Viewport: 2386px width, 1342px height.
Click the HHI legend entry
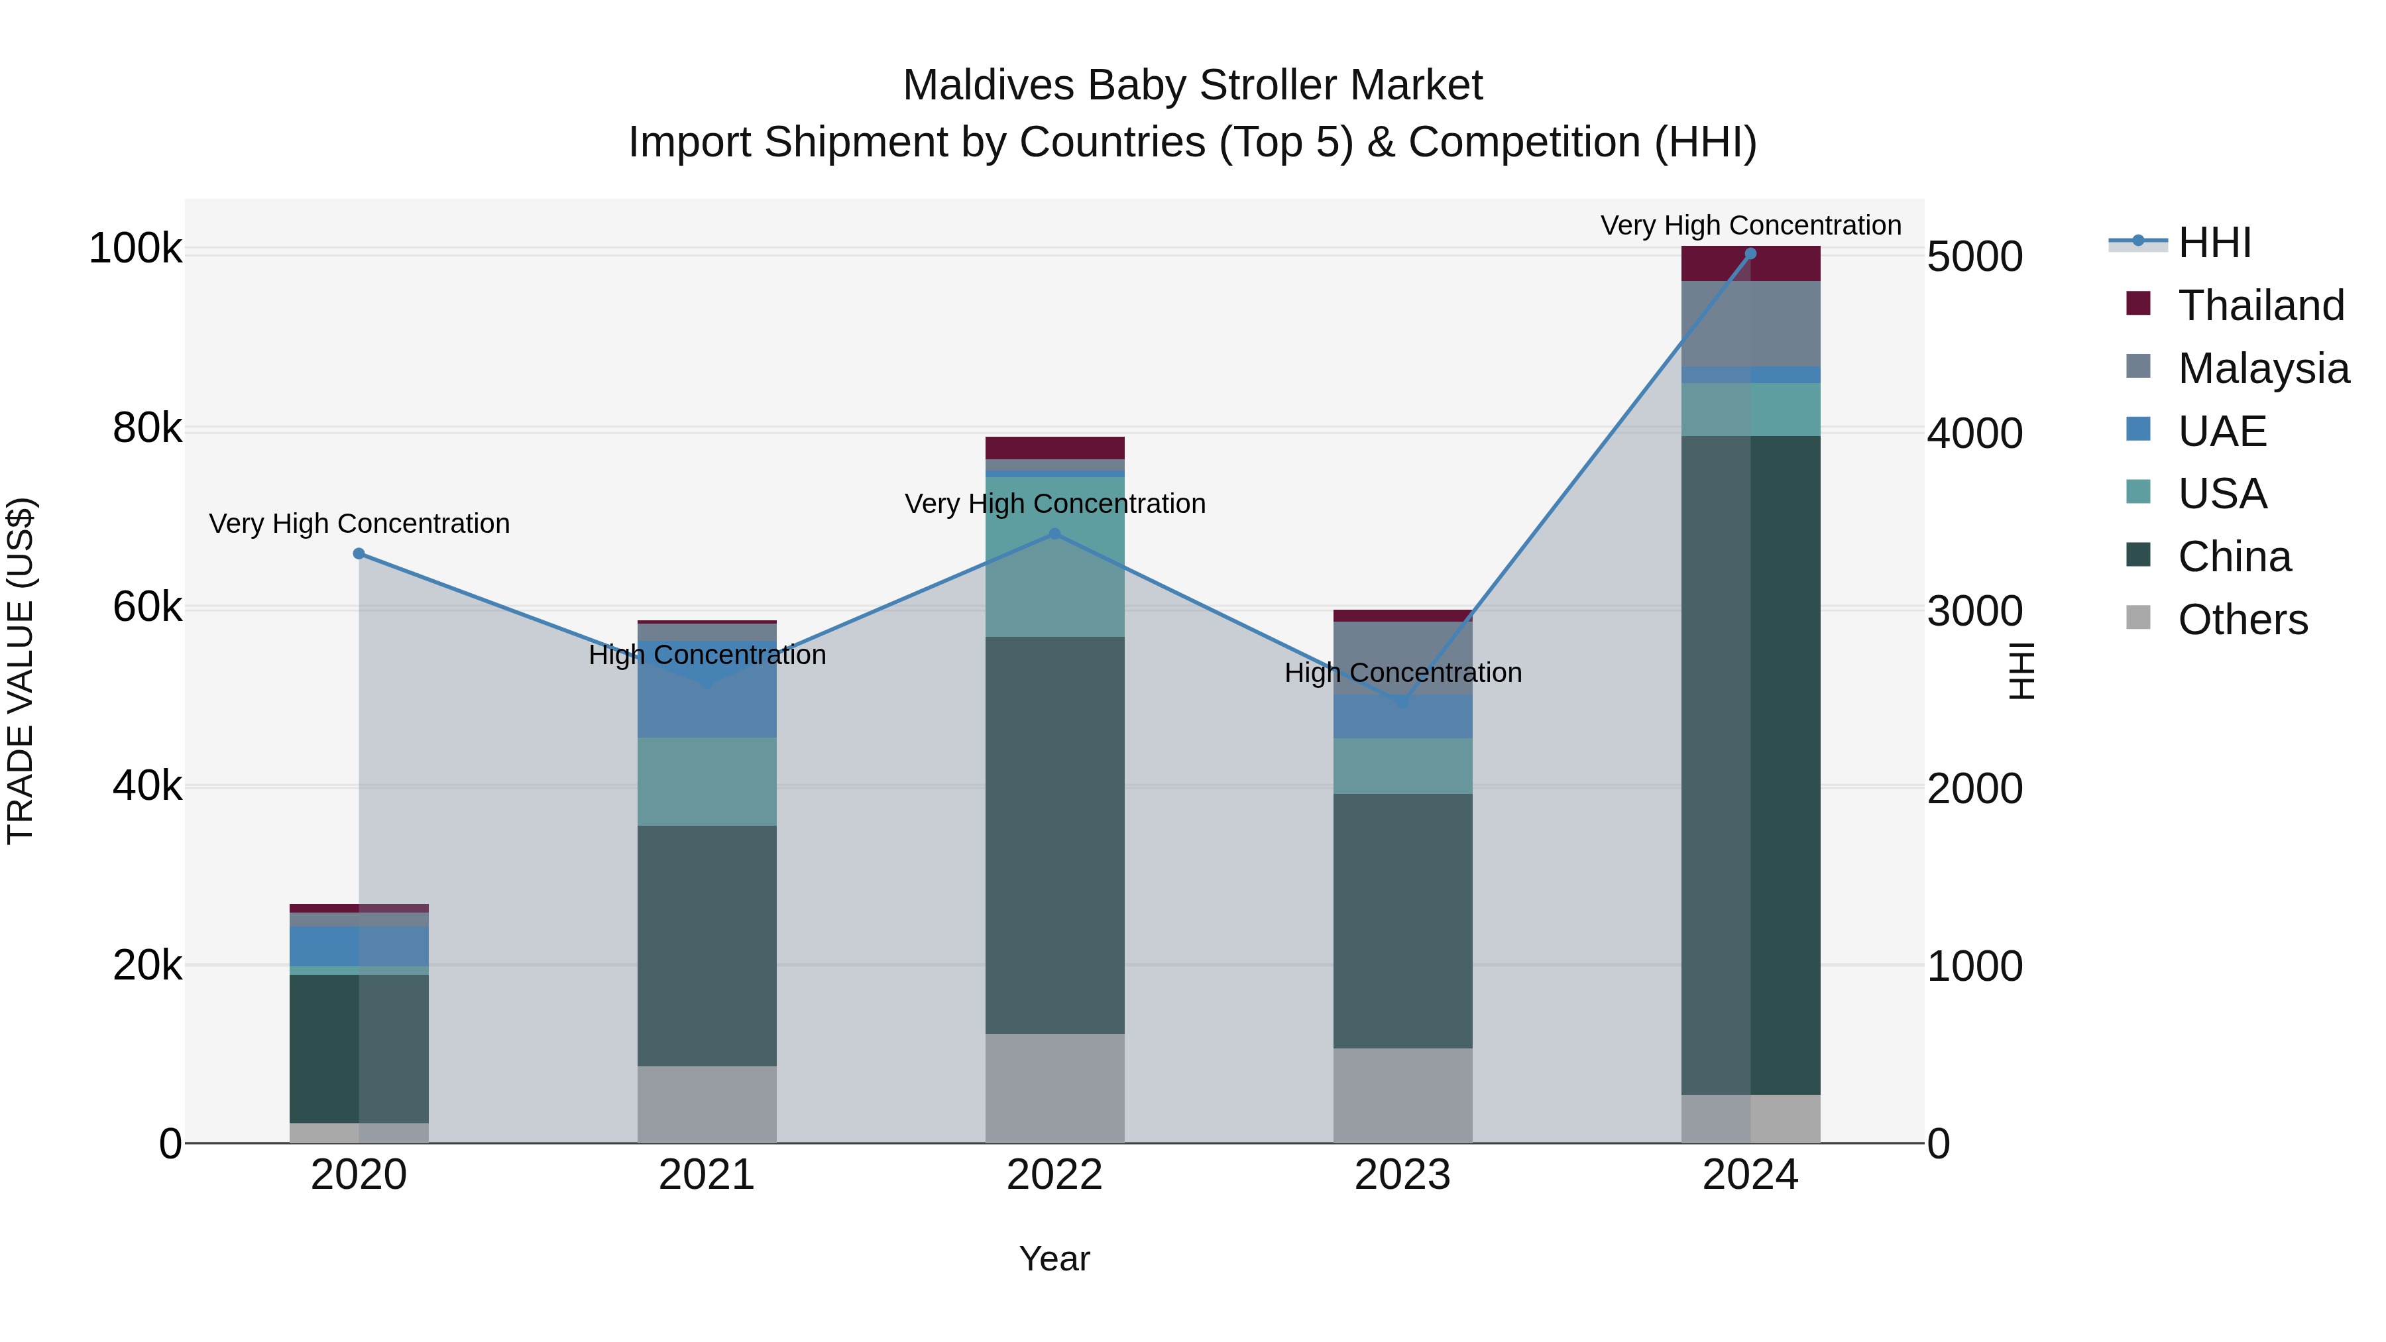pos(2214,243)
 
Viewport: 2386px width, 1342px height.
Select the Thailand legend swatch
pos(2137,303)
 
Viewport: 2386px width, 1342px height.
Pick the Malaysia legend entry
pos(2262,368)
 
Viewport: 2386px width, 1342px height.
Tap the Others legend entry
pos(2242,620)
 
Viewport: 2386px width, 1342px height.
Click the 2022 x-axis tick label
pos(1054,1175)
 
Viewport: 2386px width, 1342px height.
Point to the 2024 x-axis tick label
pos(1750,1175)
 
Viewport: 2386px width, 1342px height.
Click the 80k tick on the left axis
pos(147,428)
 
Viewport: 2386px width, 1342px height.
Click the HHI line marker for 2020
pos(359,554)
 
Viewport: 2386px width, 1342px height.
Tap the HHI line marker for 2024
pos(1750,254)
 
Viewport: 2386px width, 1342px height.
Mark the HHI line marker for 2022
pos(1054,534)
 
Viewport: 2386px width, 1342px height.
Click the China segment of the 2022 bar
pos(1054,834)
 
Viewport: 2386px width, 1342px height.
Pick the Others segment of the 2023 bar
pos(1402,1095)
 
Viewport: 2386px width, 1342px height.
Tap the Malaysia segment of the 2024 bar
pos(1750,324)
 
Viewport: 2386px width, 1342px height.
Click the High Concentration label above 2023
pos(1402,673)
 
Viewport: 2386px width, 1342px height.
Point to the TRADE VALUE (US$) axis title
pos(21,671)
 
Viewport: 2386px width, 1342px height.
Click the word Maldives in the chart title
pos(988,85)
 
